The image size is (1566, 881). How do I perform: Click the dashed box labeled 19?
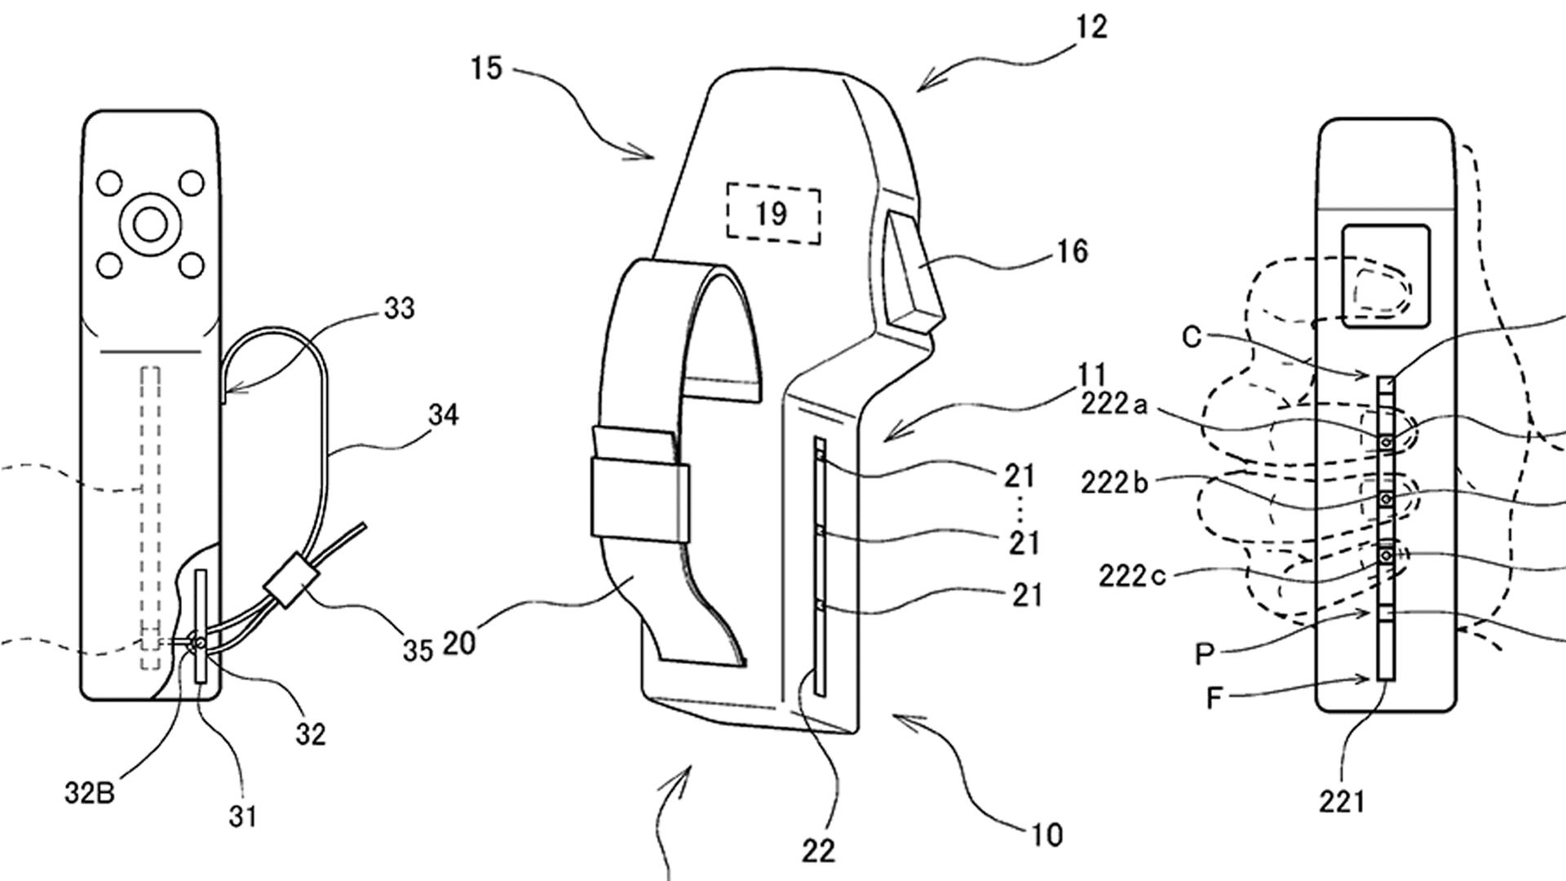coord(772,214)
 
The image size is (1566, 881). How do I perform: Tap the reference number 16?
coord(1073,251)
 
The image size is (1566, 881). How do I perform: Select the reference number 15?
coord(486,69)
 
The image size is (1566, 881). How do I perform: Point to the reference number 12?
coord(1091,27)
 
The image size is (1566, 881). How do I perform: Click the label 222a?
coord(1115,404)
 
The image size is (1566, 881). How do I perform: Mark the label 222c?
coord(1132,576)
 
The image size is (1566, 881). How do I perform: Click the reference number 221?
coord(1342,802)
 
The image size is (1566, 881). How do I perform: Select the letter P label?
coord(1205,653)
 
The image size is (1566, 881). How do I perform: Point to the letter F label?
coord(1214,698)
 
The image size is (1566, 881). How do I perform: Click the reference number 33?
coord(399,308)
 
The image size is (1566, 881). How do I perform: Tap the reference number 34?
coord(443,415)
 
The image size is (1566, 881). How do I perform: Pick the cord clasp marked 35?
coord(288,580)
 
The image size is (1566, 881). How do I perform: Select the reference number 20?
coord(458,643)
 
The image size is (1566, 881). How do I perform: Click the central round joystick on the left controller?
coord(150,224)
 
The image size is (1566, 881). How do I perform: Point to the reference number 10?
coord(1047,835)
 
